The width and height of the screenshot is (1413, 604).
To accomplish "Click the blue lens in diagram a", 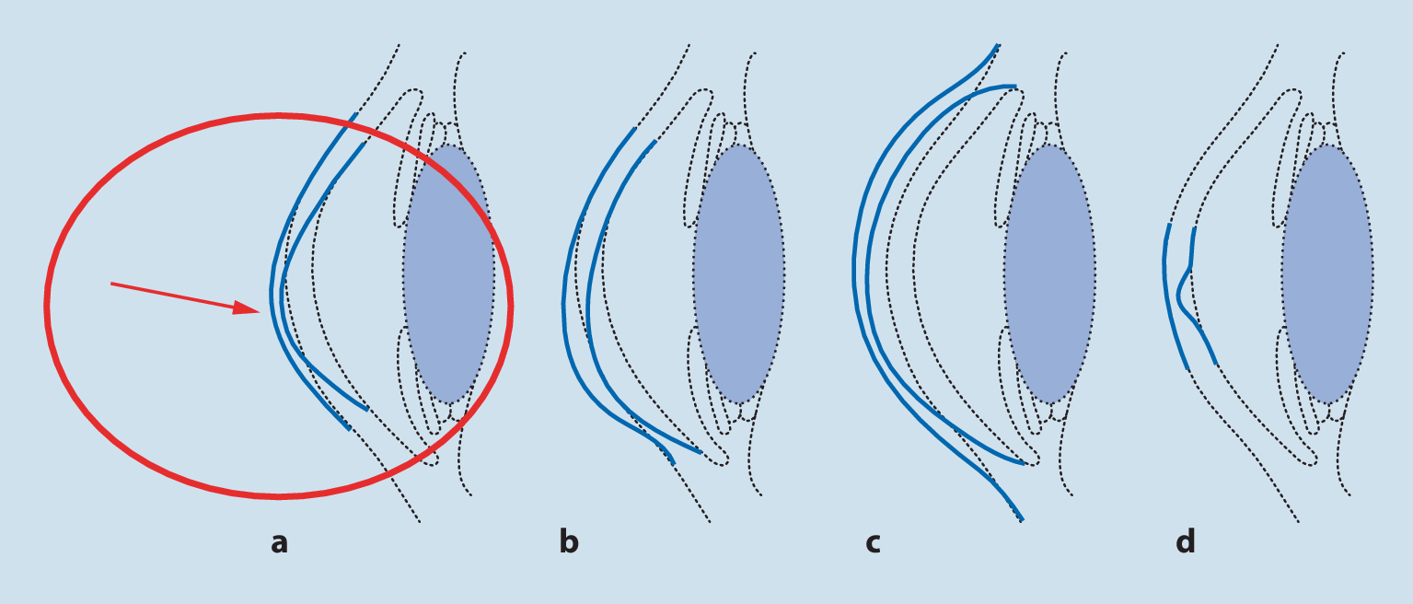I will [x=448, y=273].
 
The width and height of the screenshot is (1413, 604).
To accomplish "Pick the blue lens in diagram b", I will [x=738, y=273].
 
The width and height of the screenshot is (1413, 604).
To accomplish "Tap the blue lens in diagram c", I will [x=1049, y=273].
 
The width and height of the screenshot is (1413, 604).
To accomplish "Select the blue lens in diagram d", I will [x=1326, y=273].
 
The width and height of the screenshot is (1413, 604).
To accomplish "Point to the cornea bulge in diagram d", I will [x=1180, y=293].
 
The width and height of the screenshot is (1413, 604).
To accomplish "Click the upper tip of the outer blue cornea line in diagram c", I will [x=998, y=44].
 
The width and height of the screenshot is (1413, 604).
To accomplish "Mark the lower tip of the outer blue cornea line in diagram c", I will [x=1022, y=520].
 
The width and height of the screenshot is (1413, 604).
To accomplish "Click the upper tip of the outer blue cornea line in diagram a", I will [x=356, y=115].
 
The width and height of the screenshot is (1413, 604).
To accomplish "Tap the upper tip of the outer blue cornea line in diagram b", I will [x=635, y=129].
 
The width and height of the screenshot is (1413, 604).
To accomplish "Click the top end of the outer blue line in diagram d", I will [x=1168, y=225].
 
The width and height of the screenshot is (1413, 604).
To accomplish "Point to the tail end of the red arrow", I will [x=111, y=284].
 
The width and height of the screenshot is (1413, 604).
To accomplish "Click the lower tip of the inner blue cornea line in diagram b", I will [x=701, y=452].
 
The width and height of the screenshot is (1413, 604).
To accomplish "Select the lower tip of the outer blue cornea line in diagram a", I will [x=349, y=429].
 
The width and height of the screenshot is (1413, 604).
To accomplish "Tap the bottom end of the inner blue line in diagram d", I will [x=1217, y=365].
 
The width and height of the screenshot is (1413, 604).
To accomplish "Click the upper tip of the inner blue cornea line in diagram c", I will [x=1016, y=87].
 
